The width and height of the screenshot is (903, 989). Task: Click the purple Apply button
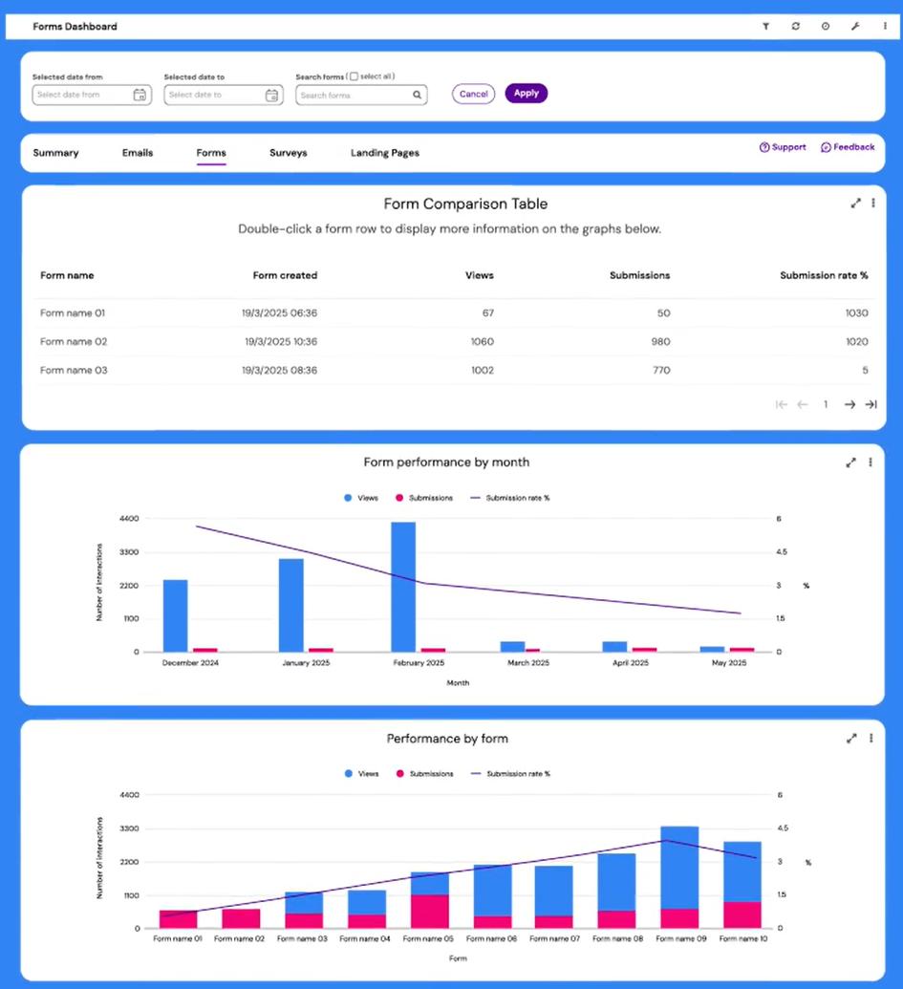coord(526,94)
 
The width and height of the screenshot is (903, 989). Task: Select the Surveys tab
coord(288,153)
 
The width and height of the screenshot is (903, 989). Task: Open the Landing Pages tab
coord(384,153)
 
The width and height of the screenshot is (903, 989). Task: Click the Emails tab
coord(138,153)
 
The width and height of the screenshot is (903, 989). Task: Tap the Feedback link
coord(848,147)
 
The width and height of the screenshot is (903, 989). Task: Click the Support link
coord(783,147)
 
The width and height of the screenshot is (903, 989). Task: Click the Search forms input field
coord(355,96)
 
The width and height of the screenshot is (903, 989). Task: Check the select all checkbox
coord(354,76)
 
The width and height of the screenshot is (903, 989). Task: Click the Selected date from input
coord(83,96)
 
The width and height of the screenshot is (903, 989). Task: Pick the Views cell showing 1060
coord(483,342)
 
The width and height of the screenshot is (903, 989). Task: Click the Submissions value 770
coord(660,371)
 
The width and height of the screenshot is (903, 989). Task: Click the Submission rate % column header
coord(824,275)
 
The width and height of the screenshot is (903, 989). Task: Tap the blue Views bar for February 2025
coord(403,586)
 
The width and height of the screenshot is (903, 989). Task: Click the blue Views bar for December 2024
coord(175,614)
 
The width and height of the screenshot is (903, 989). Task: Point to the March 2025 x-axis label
coord(527,662)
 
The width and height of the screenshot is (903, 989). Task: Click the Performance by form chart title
coord(447,739)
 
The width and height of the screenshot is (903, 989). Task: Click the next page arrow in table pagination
coord(849,405)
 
